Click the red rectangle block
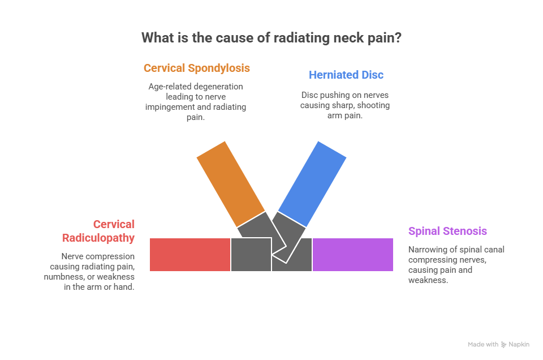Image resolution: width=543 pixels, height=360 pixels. pyautogui.click(x=190, y=255)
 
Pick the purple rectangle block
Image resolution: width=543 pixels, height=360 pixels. pyautogui.click(x=352, y=255)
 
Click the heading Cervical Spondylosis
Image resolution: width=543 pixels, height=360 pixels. pyautogui.click(x=196, y=68)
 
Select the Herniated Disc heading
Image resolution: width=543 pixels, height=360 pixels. pyautogui.click(x=346, y=75)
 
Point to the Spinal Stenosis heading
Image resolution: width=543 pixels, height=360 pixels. pyautogui.click(x=447, y=231)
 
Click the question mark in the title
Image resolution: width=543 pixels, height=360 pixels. pyautogui.click(x=399, y=38)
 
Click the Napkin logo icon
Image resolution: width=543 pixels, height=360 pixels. pyautogui.click(x=503, y=344)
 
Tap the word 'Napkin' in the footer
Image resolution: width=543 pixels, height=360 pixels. pyautogui.click(x=519, y=344)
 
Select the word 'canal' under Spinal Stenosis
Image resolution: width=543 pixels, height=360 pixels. pyautogui.click(x=491, y=250)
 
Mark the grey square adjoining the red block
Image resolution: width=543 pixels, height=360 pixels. pyautogui.click(x=251, y=255)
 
